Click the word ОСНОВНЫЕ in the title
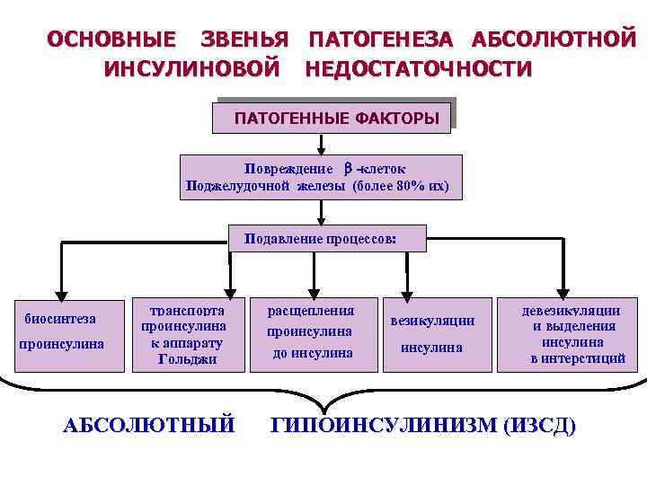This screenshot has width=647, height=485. point(111,40)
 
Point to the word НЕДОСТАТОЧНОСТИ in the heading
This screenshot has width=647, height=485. point(418,68)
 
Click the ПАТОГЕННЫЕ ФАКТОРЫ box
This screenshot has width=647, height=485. point(332,117)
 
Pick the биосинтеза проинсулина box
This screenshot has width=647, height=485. point(63,331)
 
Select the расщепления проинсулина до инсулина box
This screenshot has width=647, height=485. point(312,332)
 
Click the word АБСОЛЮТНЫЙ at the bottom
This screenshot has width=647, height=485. point(149,425)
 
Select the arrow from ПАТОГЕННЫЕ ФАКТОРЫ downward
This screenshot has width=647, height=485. point(321,143)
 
